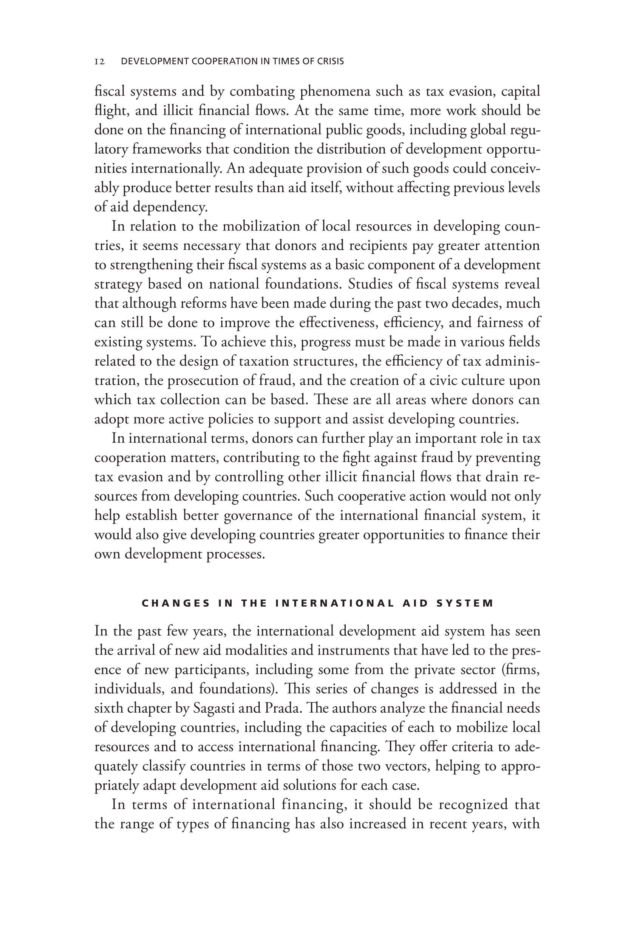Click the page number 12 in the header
point(99,61)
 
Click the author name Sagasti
point(214,709)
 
